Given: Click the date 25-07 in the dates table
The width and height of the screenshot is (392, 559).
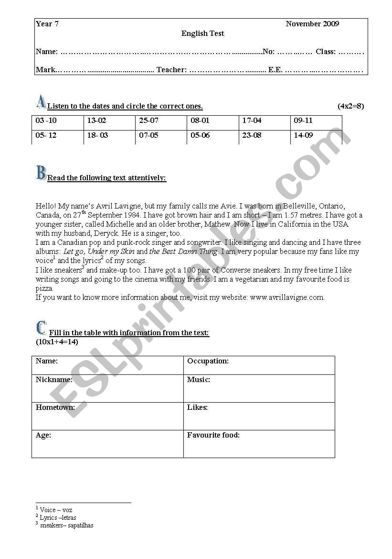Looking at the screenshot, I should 148,121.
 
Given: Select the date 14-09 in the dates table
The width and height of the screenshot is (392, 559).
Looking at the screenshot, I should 303,135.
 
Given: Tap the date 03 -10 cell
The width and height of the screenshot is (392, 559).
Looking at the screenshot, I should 46,121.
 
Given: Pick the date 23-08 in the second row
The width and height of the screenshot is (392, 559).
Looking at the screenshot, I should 252,135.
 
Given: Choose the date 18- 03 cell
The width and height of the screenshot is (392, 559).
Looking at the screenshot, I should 97,135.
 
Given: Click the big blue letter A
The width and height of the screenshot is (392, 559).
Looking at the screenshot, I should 41,101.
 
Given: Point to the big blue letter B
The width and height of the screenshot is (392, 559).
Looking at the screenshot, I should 41,173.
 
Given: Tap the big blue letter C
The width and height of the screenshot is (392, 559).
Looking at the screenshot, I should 41,328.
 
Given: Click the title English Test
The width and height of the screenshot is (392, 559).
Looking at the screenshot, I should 202,33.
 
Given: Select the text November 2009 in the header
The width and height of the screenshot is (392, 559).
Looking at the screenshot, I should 312,24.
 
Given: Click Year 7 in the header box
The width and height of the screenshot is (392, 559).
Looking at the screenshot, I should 47,24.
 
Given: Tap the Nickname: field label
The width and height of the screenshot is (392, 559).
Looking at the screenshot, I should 54,380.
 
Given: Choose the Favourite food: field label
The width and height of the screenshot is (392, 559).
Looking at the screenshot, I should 213,435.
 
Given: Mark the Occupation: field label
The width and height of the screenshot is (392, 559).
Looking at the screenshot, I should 208,361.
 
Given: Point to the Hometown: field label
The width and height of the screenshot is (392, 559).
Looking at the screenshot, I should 55,407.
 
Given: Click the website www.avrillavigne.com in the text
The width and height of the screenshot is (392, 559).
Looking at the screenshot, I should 287,297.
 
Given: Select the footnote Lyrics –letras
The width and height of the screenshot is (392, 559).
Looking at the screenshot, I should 57,517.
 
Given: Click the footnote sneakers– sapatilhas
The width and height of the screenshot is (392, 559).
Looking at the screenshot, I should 66,525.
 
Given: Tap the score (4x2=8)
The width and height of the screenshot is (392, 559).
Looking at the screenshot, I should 350,106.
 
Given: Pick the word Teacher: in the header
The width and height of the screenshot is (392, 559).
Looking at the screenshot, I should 171,70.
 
